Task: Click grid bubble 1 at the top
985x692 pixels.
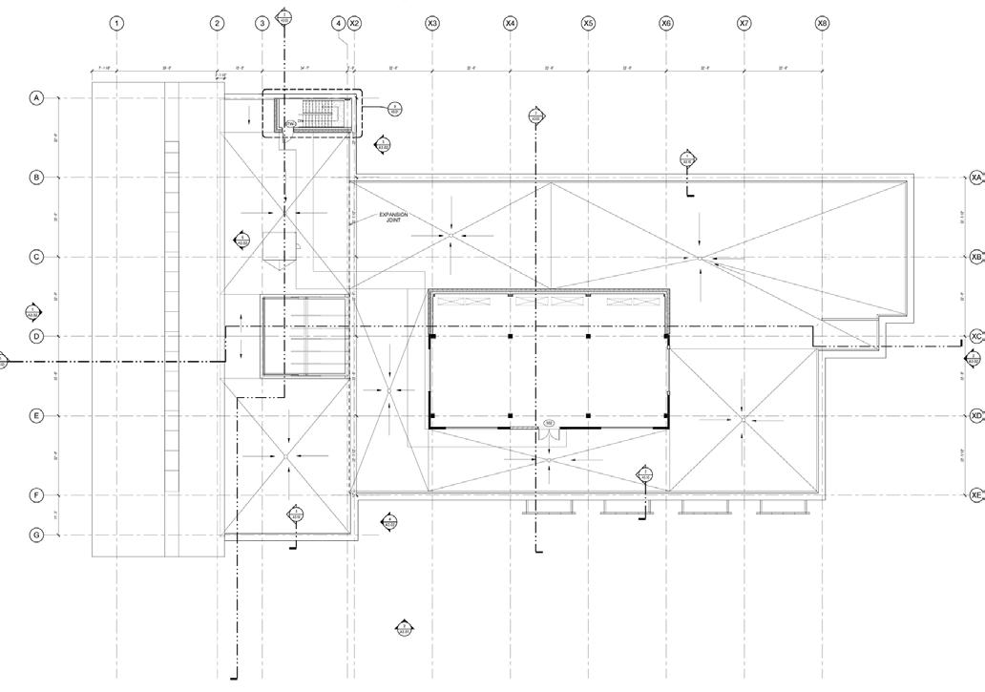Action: (x=116, y=23)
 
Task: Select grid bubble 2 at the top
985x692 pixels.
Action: (x=217, y=23)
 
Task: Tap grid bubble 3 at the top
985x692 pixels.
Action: (x=262, y=23)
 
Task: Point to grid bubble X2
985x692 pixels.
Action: (x=354, y=23)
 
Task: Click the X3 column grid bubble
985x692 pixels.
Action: (x=432, y=23)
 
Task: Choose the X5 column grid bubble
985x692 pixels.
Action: (x=588, y=23)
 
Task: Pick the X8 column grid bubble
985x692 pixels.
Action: (x=822, y=23)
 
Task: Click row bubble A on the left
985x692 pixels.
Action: (x=37, y=98)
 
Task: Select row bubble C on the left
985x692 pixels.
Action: (x=37, y=257)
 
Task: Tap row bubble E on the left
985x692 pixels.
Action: (x=37, y=416)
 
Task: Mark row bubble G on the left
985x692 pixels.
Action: (x=37, y=535)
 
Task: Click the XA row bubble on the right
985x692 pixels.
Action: (x=975, y=178)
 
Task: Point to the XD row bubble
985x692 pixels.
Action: (x=975, y=416)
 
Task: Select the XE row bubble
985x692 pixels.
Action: (x=975, y=495)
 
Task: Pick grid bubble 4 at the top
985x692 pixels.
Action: (x=339, y=23)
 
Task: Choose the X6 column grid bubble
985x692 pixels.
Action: (x=666, y=23)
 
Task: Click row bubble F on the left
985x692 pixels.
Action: (x=37, y=495)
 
